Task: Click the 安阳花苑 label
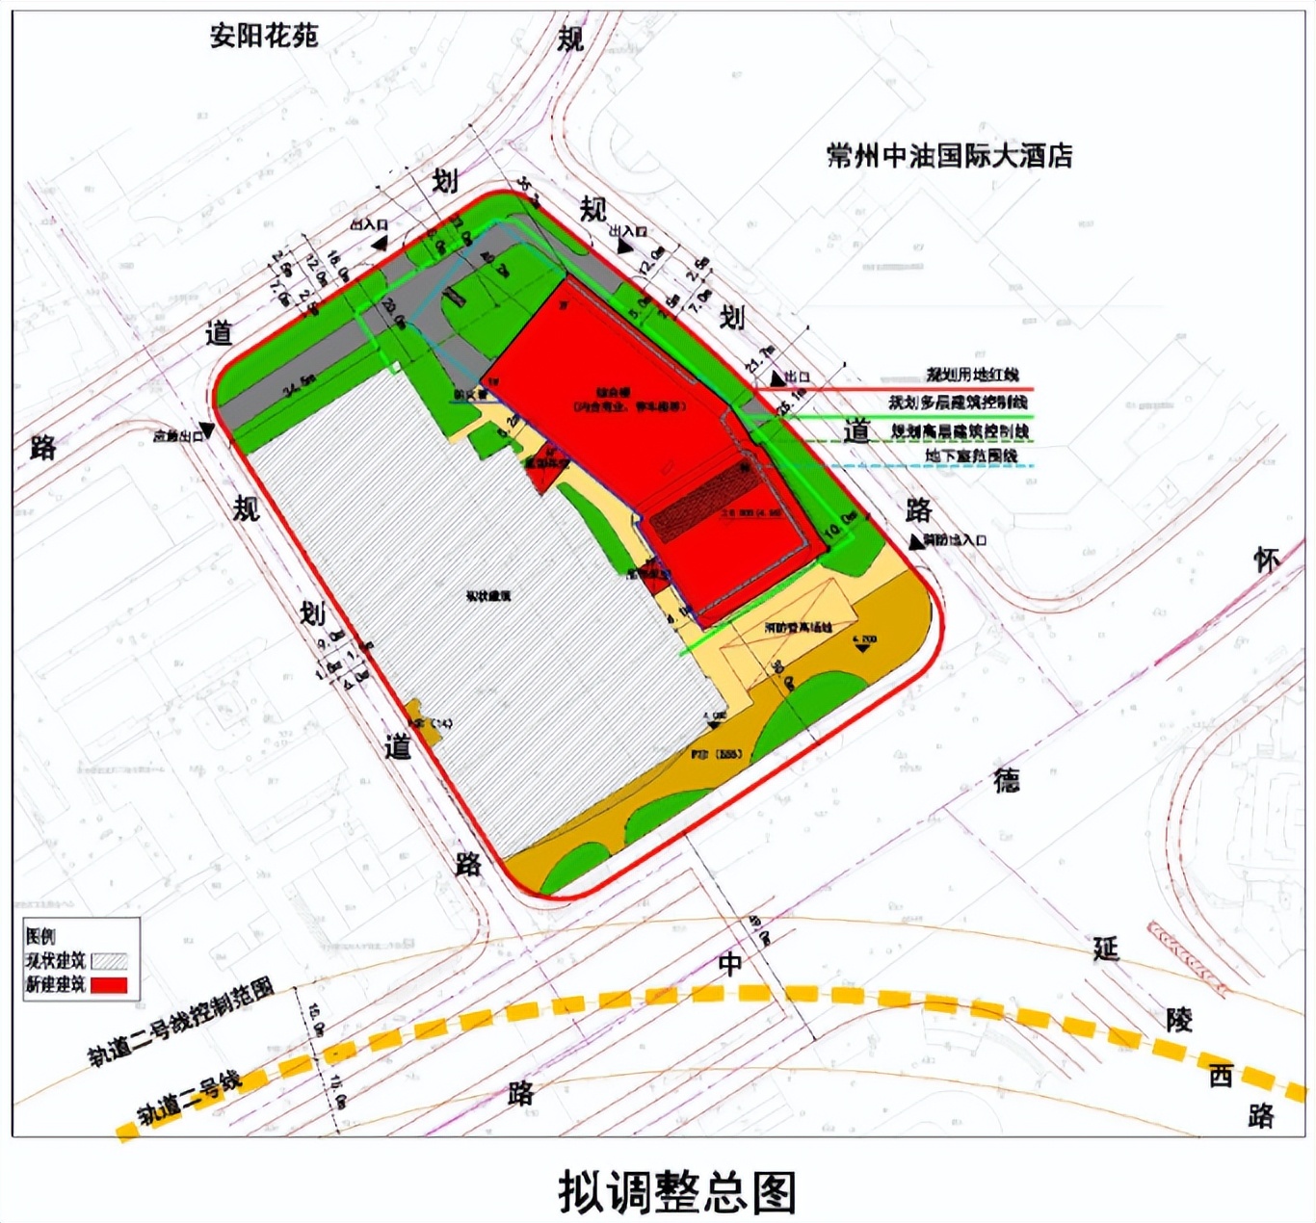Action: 264,37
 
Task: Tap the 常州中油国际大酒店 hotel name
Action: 949,156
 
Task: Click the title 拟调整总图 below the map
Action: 677,1192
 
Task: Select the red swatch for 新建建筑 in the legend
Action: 108,985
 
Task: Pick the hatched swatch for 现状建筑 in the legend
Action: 108,961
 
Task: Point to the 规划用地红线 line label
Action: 972,375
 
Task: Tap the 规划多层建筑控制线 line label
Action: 958,402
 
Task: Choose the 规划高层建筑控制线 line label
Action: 960,430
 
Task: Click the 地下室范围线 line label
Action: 971,455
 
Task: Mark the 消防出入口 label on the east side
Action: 955,540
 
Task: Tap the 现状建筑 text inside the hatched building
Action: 488,596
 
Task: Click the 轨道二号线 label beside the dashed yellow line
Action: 189,1099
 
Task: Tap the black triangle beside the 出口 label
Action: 776,378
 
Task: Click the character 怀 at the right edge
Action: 1266,559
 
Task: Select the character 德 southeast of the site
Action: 1007,780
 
